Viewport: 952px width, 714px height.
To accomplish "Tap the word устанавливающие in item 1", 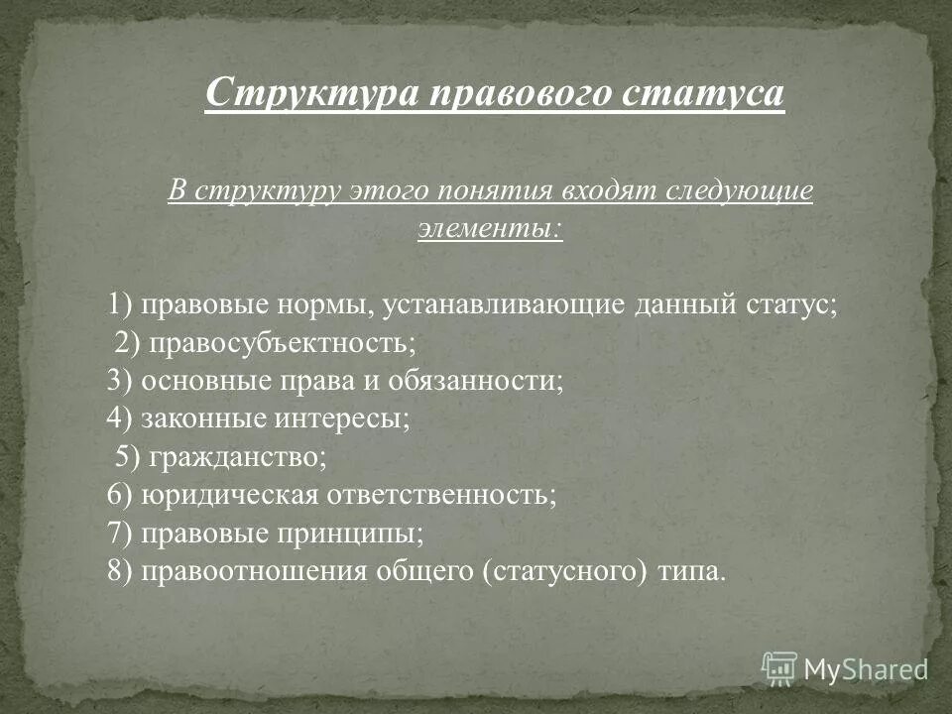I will pos(501,303).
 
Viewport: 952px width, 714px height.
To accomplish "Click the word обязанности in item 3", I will pos(477,380).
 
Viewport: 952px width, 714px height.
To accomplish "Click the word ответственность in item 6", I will pos(446,494).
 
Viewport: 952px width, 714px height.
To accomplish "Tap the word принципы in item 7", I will pos(357,533).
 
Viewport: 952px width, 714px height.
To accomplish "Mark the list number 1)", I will pos(122,303).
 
